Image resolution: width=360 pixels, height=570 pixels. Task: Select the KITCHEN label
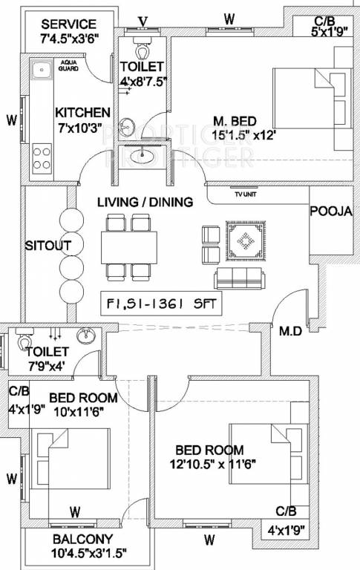coord(82,112)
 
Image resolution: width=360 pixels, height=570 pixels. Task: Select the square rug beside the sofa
coord(244,243)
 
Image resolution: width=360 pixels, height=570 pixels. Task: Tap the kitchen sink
coord(42,71)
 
